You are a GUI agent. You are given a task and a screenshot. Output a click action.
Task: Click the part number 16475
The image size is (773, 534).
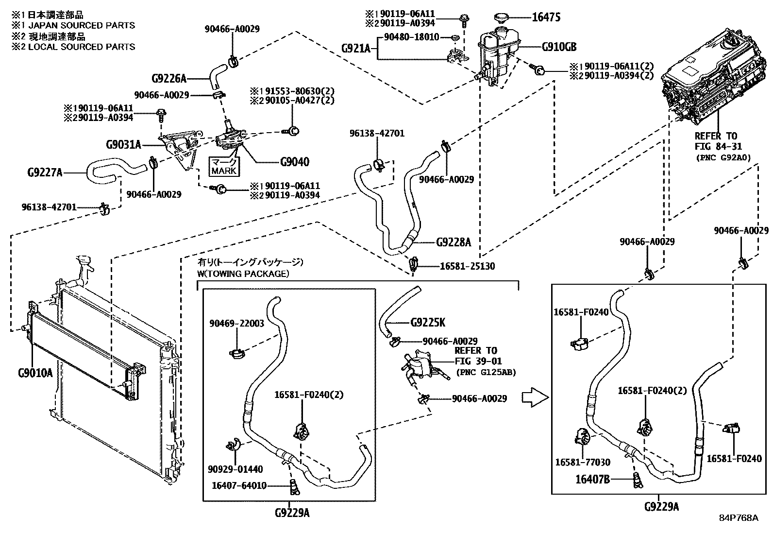[546, 17]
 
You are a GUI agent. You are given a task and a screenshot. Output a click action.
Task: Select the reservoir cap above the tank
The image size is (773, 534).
[500, 18]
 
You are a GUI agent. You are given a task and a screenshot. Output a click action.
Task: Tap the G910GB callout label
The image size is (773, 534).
[559, 47]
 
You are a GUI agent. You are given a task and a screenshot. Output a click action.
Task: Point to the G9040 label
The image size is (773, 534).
[295, 162]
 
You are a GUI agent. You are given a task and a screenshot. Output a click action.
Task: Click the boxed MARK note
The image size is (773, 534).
[224, 167]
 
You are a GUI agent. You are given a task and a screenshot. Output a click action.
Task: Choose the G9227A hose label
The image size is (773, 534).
[45, 172]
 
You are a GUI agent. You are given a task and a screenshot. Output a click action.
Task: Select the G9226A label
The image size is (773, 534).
[169, 78]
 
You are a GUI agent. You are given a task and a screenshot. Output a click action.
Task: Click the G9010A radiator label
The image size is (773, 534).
[35, 373]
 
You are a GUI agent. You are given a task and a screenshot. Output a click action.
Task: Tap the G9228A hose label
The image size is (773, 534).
[454, 242]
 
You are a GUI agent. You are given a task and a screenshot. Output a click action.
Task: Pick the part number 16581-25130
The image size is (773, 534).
[468, 266]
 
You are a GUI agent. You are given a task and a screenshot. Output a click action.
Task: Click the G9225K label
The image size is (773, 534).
[428, 322]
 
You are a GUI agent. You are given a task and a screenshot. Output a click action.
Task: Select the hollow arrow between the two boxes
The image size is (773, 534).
[535, 397]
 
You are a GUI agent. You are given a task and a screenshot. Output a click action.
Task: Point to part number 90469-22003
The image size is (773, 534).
[237, 323]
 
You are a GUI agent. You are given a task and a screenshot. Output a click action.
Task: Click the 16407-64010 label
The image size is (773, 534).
[239, 485]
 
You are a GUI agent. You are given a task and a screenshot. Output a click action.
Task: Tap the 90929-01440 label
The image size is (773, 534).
[235, 469]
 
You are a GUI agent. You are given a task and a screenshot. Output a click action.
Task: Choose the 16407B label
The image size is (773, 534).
[592, 480]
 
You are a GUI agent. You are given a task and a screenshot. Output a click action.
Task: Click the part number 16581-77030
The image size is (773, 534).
[583, 462]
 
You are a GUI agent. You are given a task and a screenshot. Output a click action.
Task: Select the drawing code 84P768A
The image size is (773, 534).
[739, 518]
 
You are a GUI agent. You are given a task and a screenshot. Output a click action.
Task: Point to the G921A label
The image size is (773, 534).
[356, 48]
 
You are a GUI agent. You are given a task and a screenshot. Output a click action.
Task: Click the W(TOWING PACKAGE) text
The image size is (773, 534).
[243, 274]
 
